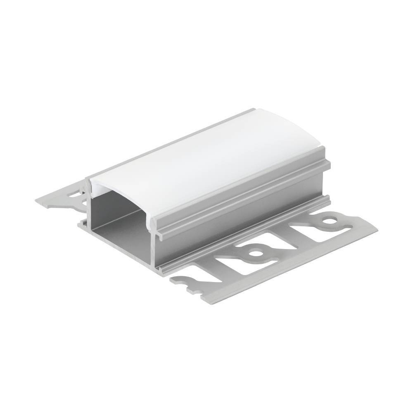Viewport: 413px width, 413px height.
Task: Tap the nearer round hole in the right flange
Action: (x=256, y=251)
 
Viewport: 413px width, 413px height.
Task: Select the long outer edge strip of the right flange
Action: (x=289, y=268)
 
